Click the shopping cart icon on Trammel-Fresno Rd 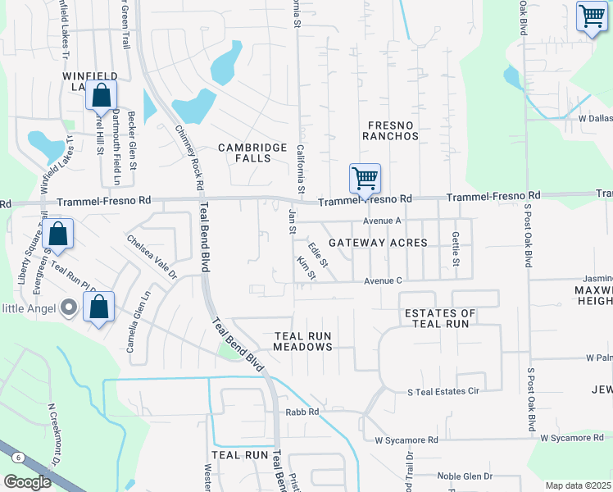point(365,178)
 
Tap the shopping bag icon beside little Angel point(99,308)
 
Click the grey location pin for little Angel point(69,308)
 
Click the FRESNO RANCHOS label point(390,130)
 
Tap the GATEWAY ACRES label point(378,243)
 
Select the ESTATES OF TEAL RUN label point(440,319)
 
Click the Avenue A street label point(382,221)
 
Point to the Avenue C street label point(383,281)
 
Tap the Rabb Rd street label point(301,412)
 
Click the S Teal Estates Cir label point(443,393)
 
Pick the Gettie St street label point(456,248)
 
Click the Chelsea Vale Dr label point(151,258)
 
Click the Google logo point(27,481)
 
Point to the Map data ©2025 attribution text point(578,485)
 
